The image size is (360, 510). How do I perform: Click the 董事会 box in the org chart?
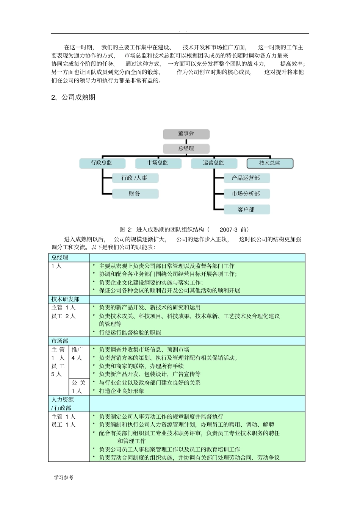[x=186, y=134]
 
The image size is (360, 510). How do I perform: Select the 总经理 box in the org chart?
[x=186, y=148]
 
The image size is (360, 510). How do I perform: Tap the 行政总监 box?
[x=102, y=163]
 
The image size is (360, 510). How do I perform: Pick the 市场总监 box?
[x=158, y=163]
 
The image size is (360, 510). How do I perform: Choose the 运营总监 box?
[x=214, y=163]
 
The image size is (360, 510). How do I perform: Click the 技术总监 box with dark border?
[x=270, y=163]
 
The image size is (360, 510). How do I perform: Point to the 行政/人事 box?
[x=135, y=178]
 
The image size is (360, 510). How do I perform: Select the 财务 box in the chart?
[x=135, y=194]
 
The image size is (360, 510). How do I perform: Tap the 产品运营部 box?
[x=246, y=178]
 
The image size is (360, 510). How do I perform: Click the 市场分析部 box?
[x=246, y=194]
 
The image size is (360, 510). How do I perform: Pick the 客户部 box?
[x=246, y=209]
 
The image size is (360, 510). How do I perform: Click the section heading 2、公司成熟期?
[x=73, y=97]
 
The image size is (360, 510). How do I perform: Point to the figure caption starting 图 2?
[x=184, y=229]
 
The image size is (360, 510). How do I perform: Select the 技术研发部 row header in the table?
[x=66, y=299]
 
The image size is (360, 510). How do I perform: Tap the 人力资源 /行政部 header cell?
[x=63, y=404]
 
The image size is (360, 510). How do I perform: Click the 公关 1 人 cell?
[x=79, y=386]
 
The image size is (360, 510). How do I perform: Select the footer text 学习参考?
[x=64, y=477]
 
